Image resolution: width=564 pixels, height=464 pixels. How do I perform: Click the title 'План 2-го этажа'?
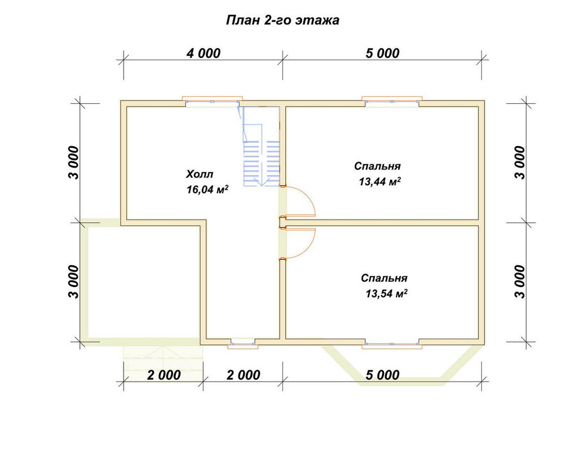click(283, 20)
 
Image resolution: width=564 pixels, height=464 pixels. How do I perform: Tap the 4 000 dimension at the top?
click(203, 53)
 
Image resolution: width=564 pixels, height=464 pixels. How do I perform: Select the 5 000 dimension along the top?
click(382, 53)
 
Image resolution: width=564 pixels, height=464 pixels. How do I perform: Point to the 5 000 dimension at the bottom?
click(382, 375)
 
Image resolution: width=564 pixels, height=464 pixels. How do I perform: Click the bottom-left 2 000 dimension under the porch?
click(164, 375)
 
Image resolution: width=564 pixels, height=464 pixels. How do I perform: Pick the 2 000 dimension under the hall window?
click(243, 375)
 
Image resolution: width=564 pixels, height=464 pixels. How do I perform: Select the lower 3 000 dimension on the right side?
click(520, 282)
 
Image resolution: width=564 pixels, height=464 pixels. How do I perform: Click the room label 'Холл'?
click(199, 174)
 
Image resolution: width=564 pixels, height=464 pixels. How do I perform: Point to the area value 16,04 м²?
click(208, 189)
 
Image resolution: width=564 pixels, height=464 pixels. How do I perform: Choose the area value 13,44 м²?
click(380, 182)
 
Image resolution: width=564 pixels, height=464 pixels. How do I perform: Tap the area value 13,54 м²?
click(387, 294)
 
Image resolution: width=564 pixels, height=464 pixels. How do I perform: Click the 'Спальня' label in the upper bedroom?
click(377, 166)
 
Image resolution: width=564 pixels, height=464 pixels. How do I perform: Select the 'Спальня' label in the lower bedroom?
click(384, 278)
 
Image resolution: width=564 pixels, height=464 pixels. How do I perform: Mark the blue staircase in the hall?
click(259, 148)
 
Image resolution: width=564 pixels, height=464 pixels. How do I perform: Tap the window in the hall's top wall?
click(212, 101)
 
